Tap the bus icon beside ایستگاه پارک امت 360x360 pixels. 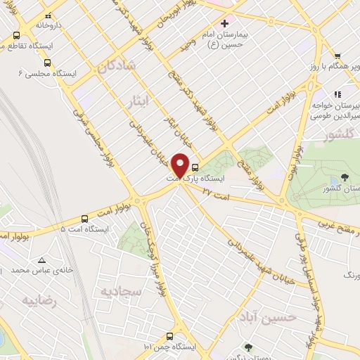click(195, 168)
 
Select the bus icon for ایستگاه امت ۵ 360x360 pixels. click(84, 219)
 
